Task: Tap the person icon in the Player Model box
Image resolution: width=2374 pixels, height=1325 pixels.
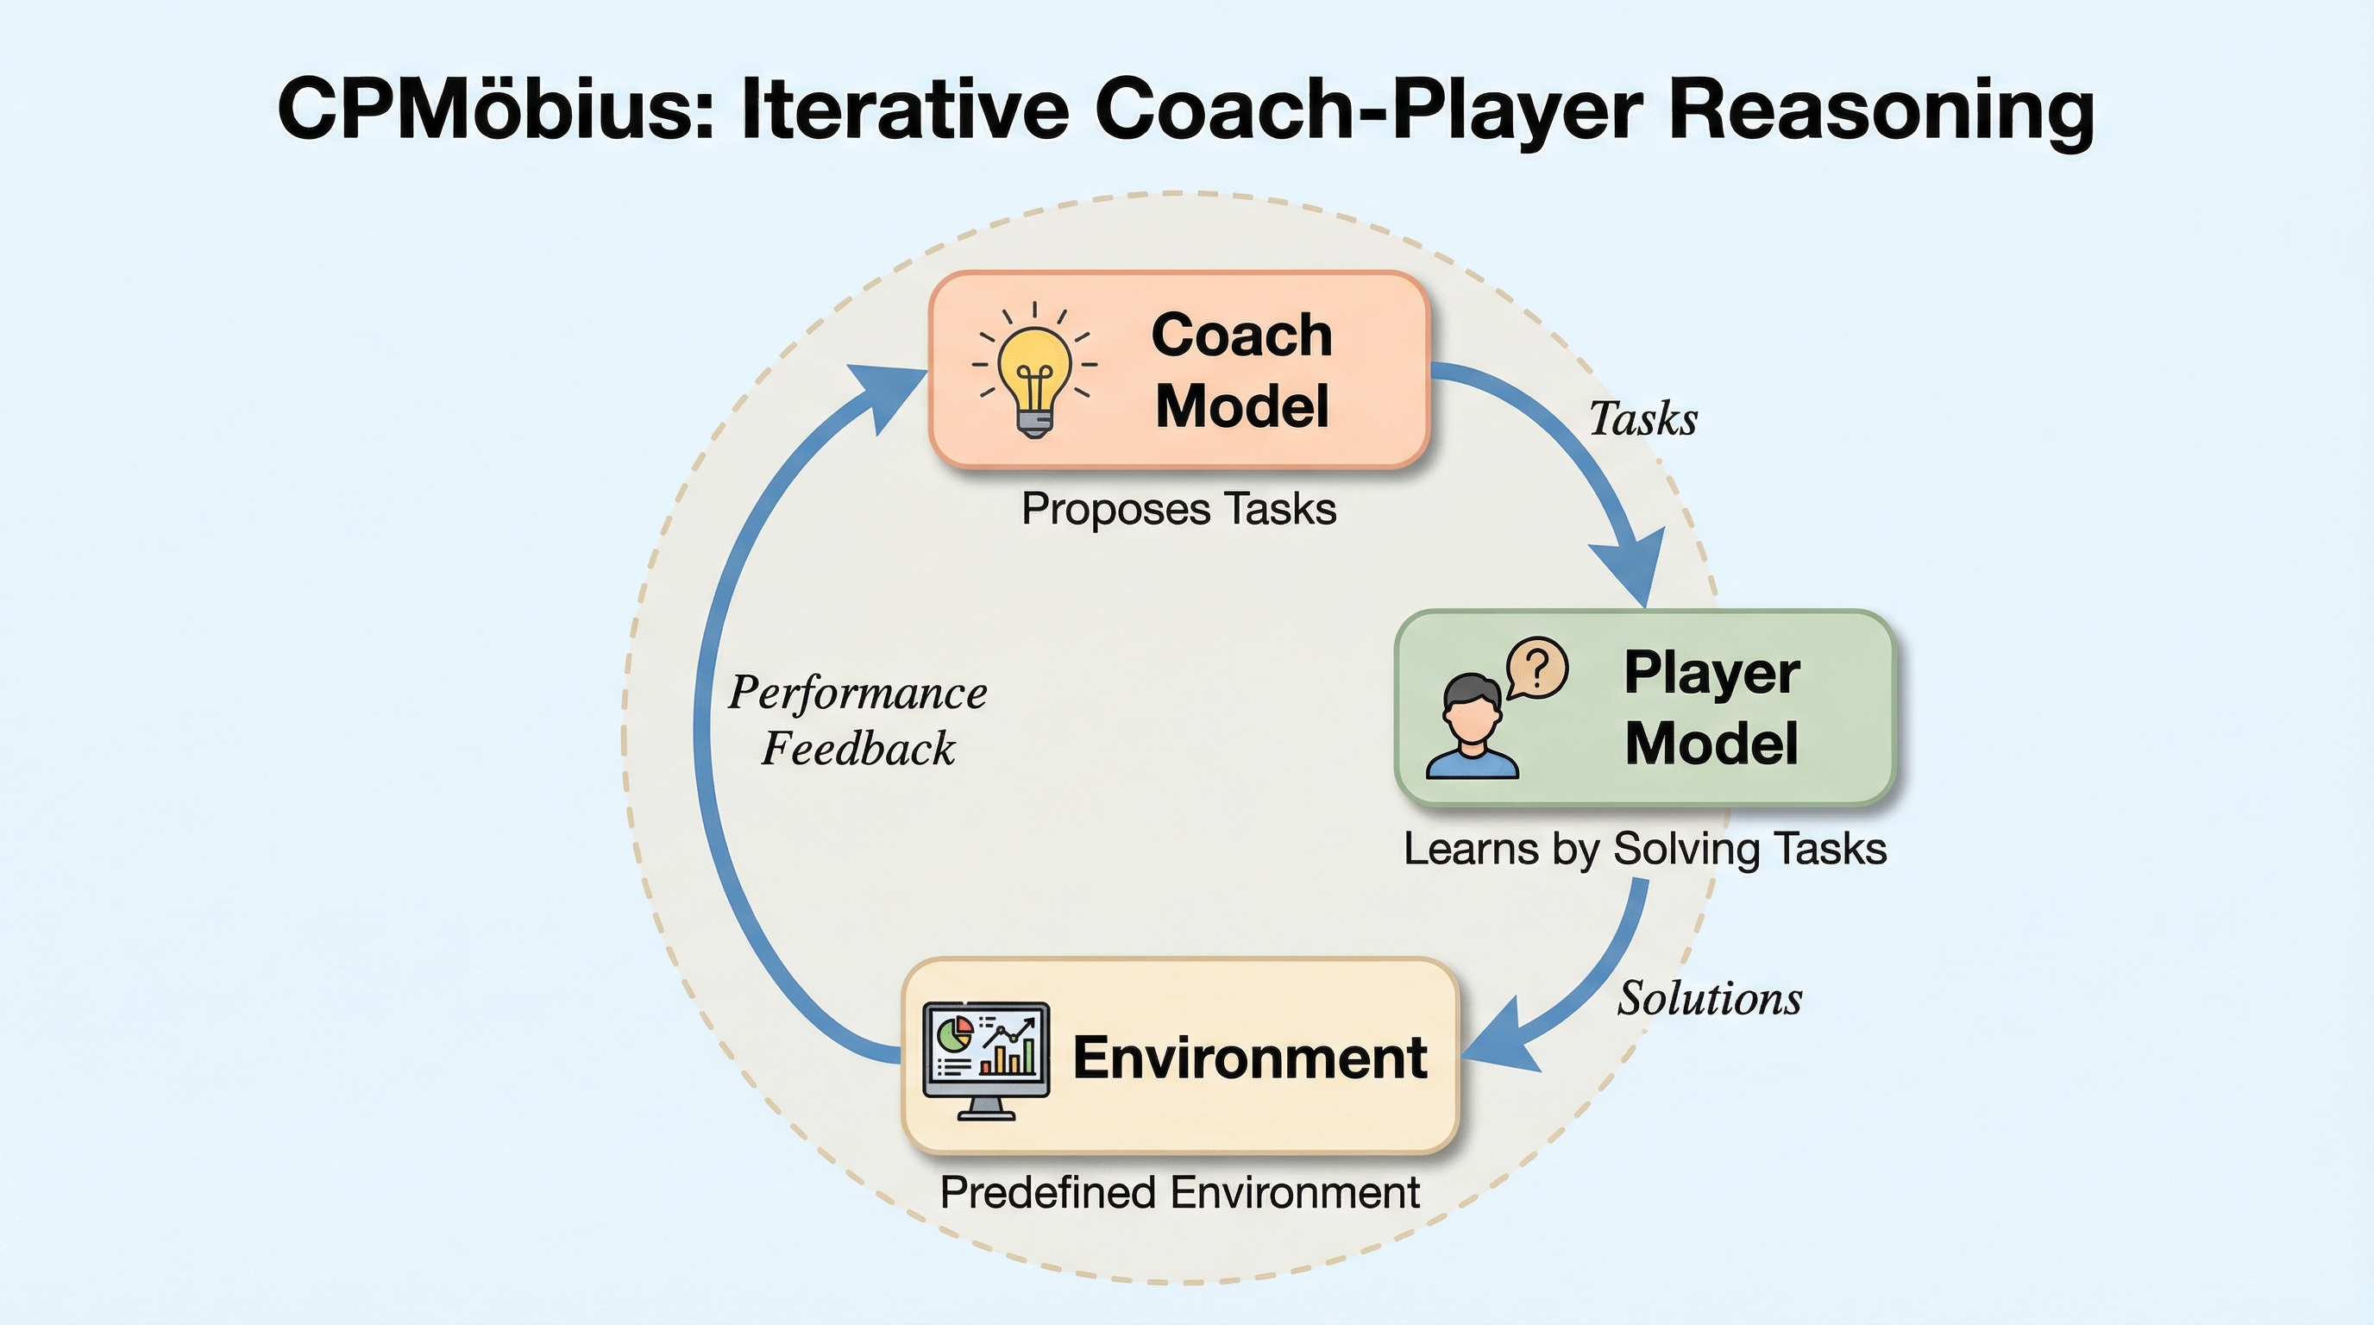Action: tap(1472, 727)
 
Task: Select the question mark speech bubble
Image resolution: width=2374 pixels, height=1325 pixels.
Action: tap(1536, 668)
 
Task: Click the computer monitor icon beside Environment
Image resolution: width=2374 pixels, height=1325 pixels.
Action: tap(986, 1060)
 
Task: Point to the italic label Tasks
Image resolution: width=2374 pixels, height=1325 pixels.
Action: tap(1643, 419)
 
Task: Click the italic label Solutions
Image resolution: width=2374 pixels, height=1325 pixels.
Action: tap(1710, 999)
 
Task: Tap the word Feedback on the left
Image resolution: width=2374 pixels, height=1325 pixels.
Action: tap(858, 748)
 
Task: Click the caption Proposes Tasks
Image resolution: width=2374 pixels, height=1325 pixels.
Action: tap(1178, 510)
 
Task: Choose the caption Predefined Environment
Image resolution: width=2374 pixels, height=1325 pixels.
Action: tap(1179, 1193)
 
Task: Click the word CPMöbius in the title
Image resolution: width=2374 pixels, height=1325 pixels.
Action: tap(497, 109)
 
